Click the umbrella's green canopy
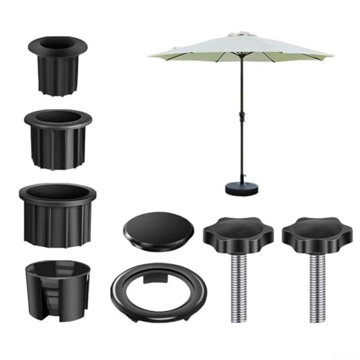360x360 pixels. point(238,48)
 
